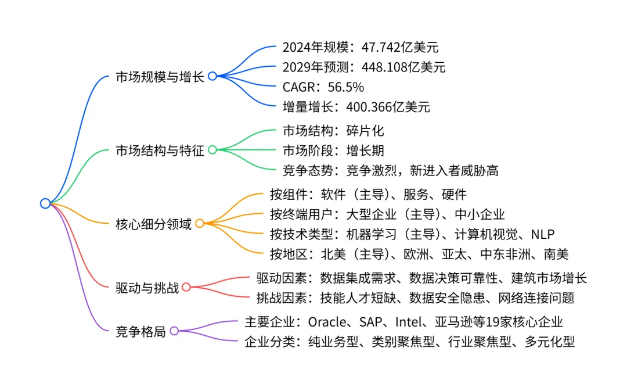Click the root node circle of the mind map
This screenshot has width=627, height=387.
tap(45, 203)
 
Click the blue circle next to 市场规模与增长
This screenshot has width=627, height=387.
tap(212, 76)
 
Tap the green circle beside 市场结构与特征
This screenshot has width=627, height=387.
tap(212, 150)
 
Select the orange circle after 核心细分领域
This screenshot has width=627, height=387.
tap(199, 224)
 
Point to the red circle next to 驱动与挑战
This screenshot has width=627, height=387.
tap(186, 287)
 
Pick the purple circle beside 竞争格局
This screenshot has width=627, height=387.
tap(174, 331)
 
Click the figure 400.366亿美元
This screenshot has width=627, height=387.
tap(388, 106)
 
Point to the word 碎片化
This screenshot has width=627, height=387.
tap(365, 131)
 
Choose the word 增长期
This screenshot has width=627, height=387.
tap(365, 150)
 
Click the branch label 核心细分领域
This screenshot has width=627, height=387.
tap(153, 224)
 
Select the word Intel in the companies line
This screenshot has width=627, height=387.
tap(411, 322)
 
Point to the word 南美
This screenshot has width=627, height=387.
tap(556, 254)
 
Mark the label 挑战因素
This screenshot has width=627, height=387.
tap(281, 298)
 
